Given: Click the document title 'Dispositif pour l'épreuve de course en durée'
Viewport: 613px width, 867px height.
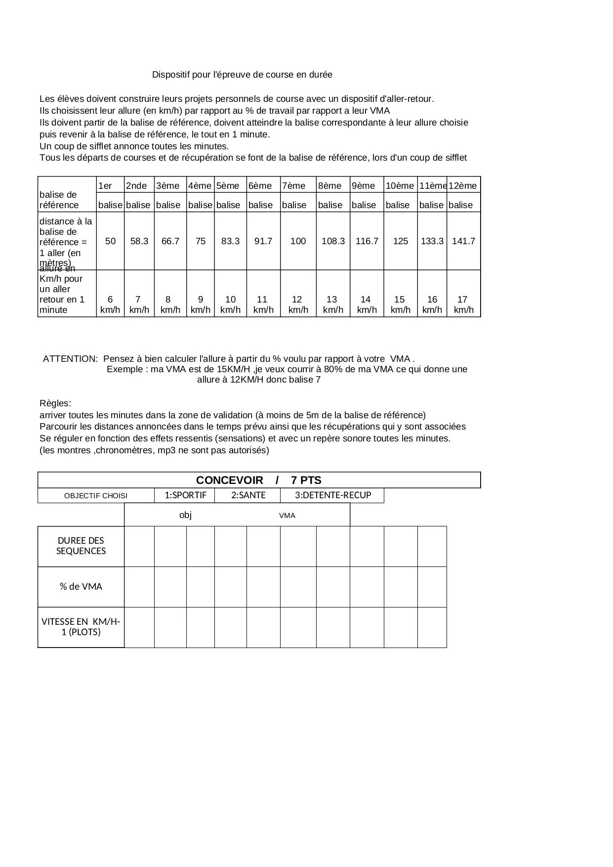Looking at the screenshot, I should (242, 75).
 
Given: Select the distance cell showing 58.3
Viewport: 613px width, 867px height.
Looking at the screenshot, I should (139, 241).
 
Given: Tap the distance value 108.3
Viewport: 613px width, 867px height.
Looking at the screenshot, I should (333, 241).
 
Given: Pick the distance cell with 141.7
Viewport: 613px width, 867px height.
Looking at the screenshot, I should (463, 241).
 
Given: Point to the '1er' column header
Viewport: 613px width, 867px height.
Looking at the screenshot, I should (105, 186).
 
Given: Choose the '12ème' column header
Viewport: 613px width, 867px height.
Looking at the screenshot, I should (463, 186).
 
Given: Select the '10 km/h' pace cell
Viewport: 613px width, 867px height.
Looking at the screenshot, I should (230, 304).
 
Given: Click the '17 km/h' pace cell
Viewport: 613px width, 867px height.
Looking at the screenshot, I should (463, 304).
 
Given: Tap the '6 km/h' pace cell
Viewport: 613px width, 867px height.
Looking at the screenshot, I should (110, 304).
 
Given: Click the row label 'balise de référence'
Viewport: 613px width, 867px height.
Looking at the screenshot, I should (59, 200).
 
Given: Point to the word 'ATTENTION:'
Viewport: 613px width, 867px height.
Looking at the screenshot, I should (70, 358).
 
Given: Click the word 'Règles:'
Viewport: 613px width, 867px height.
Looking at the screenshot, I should (55, 403).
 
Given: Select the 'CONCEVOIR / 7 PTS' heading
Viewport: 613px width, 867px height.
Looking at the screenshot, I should (258, 480).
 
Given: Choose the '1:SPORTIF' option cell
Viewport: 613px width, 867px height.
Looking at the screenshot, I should (185, 495).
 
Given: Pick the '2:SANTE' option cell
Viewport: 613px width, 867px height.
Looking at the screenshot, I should (248, 495).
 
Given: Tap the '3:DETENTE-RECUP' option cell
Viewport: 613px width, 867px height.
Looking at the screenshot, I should (332, 495).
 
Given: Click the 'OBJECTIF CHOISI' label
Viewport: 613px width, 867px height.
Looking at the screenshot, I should (96, 496).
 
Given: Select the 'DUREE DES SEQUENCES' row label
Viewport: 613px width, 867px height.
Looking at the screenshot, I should (81, 546).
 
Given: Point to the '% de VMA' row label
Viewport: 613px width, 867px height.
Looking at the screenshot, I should (81, 587).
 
